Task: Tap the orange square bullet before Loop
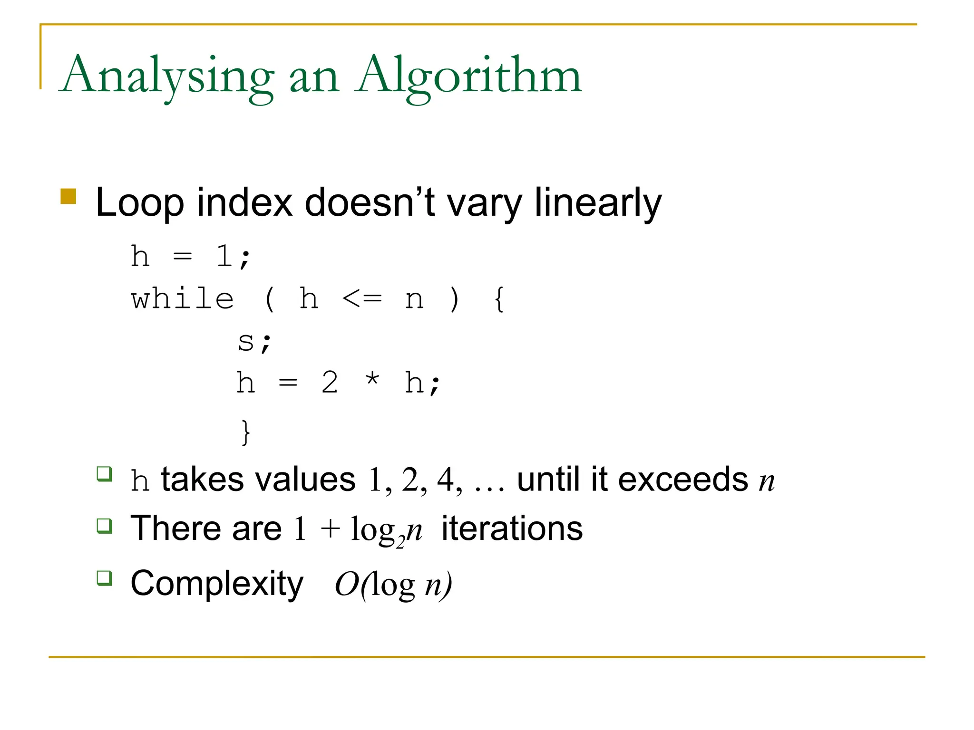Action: (x=68, y=196)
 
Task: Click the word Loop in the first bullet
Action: (x=139, y=202)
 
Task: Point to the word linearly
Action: (x=598, y=202)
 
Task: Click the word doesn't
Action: (x=370, y=202)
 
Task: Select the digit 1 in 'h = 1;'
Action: (x=224, y=257)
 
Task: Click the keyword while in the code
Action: (x=183, y=299)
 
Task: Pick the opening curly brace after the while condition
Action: (x=499, y=299)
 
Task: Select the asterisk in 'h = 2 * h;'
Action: (x=372, y=380)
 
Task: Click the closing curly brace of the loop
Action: (x=245, y=432)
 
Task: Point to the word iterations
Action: (x=512, y=528)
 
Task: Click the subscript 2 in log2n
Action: (x=400, y=541)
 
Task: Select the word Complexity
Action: (x=217, y=583)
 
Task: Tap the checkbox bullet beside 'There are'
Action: (x=104, y=526)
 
